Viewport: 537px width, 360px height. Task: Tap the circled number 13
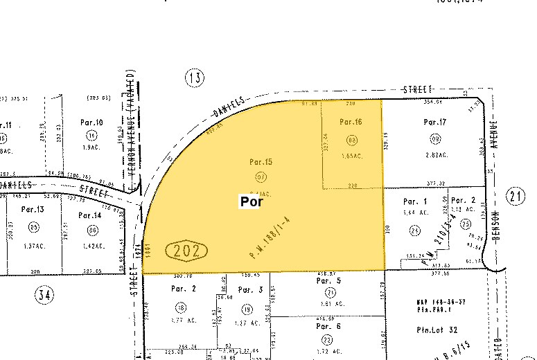point(195,78)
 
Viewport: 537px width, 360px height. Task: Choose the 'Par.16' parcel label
point(351,122)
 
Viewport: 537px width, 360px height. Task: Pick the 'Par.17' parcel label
point(435,123)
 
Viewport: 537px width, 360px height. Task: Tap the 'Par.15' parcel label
point(261,162)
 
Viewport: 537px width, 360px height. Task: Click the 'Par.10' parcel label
point(91,123)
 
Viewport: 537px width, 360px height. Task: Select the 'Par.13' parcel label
point(33,209)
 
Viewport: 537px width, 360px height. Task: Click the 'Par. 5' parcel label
point(328,282)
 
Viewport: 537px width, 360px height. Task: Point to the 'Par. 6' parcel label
point(328,325)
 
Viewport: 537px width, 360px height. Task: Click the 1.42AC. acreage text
point(93,245)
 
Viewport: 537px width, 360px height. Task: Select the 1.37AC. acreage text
point(35,246)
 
